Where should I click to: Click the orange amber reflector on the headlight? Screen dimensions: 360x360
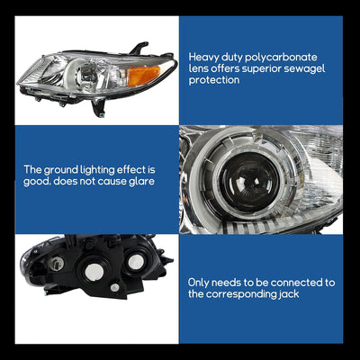point(143,76)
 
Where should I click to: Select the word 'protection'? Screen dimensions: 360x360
point(214,80)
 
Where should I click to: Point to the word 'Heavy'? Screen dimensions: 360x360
point(203,58)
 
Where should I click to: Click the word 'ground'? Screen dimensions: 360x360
point(61,170)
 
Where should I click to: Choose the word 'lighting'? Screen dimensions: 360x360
point(97,170)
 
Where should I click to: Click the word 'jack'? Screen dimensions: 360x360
point(288,294)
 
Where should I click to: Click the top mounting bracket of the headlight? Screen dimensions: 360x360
point(139,48)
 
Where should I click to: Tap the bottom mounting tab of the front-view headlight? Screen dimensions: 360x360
point(99,108)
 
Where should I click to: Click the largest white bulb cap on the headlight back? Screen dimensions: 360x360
point(94,271)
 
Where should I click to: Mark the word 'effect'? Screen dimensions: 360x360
point(131,170)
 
